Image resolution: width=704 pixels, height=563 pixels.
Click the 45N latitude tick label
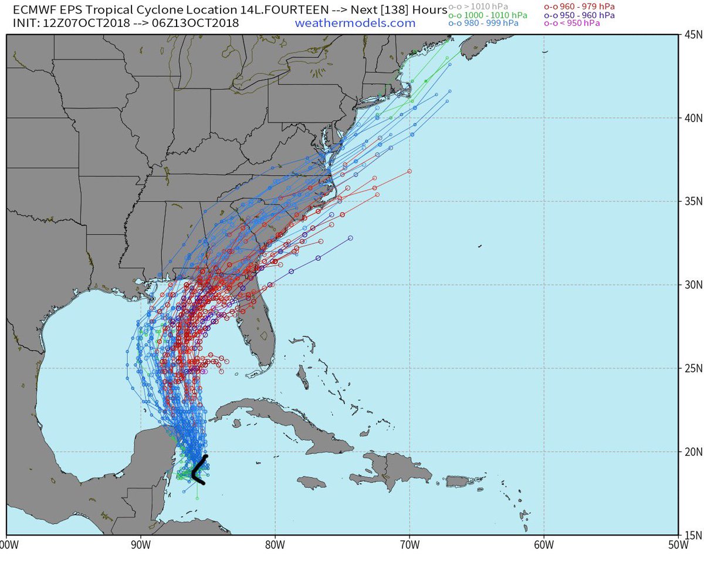tap(692, 34)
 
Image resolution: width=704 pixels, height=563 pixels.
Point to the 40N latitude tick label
tap(692, 118)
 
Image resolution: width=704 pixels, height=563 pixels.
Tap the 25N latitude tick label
tap(692, 368)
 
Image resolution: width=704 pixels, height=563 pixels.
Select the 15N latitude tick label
tap(692, 534)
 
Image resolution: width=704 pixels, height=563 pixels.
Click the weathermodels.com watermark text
tap(355, 23)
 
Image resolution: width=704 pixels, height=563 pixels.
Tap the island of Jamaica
tap(311, 482)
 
